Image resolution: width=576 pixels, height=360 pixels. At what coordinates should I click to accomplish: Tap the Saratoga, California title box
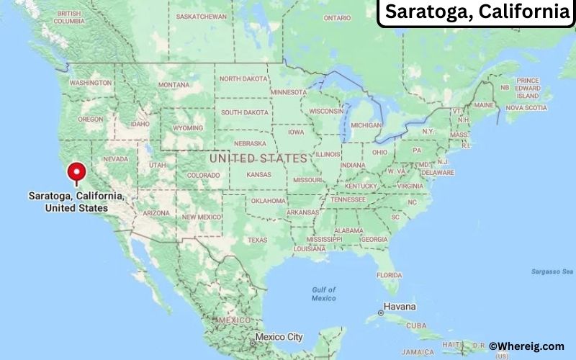coord(476,12)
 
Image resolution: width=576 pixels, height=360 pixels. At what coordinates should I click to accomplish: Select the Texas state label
coord(257,240)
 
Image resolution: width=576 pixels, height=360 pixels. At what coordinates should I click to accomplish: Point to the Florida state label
coord(390,275)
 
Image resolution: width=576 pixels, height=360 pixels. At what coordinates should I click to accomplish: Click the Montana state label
coord(174,84)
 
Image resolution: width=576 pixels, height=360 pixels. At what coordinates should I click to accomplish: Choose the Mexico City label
coord(279,336)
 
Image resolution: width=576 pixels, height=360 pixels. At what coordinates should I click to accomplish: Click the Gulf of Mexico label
coord(323,294)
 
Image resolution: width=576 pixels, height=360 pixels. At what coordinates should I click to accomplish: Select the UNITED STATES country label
coord(258,157)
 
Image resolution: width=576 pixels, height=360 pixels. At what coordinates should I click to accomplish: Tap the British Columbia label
coord(68,18)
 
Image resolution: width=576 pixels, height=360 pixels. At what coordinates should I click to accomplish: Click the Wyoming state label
coord(189,128)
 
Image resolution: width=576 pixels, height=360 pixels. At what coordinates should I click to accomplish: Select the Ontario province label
coord(337,17)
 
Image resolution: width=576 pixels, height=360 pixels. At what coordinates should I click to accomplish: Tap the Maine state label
coord(484,105)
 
